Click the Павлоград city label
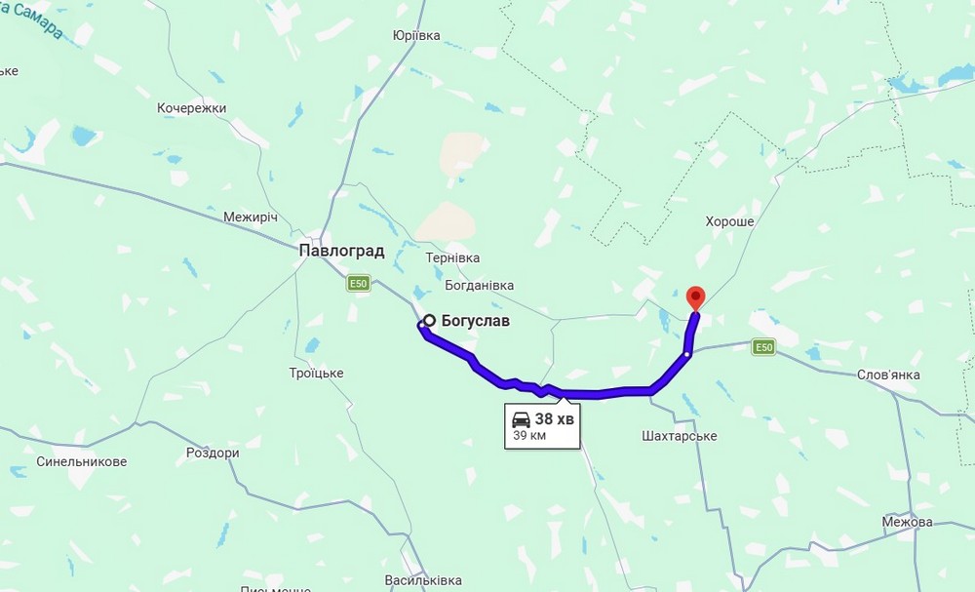(x=341, y=251)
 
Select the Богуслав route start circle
(x=428, y=320)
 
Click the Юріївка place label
(x=416, y=36)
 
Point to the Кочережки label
(x=191, y=108)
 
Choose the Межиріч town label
(x=251, y=217)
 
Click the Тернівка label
(x=452, y=257)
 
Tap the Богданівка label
(x=479, y=286)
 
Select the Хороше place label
(x=730, y=222)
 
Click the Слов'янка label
(x=887, y=375)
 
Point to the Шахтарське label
(x=681, y=436)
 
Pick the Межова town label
(x=906, y=522)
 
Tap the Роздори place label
(x=213, y=454)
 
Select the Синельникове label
(x=82, y=461)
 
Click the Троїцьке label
(x=317, y=374)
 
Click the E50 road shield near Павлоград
(x=359, y=284)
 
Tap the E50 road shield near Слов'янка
(x=763, y=346)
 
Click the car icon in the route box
(x=522, y=419)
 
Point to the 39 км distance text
(x=529, y=436)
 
